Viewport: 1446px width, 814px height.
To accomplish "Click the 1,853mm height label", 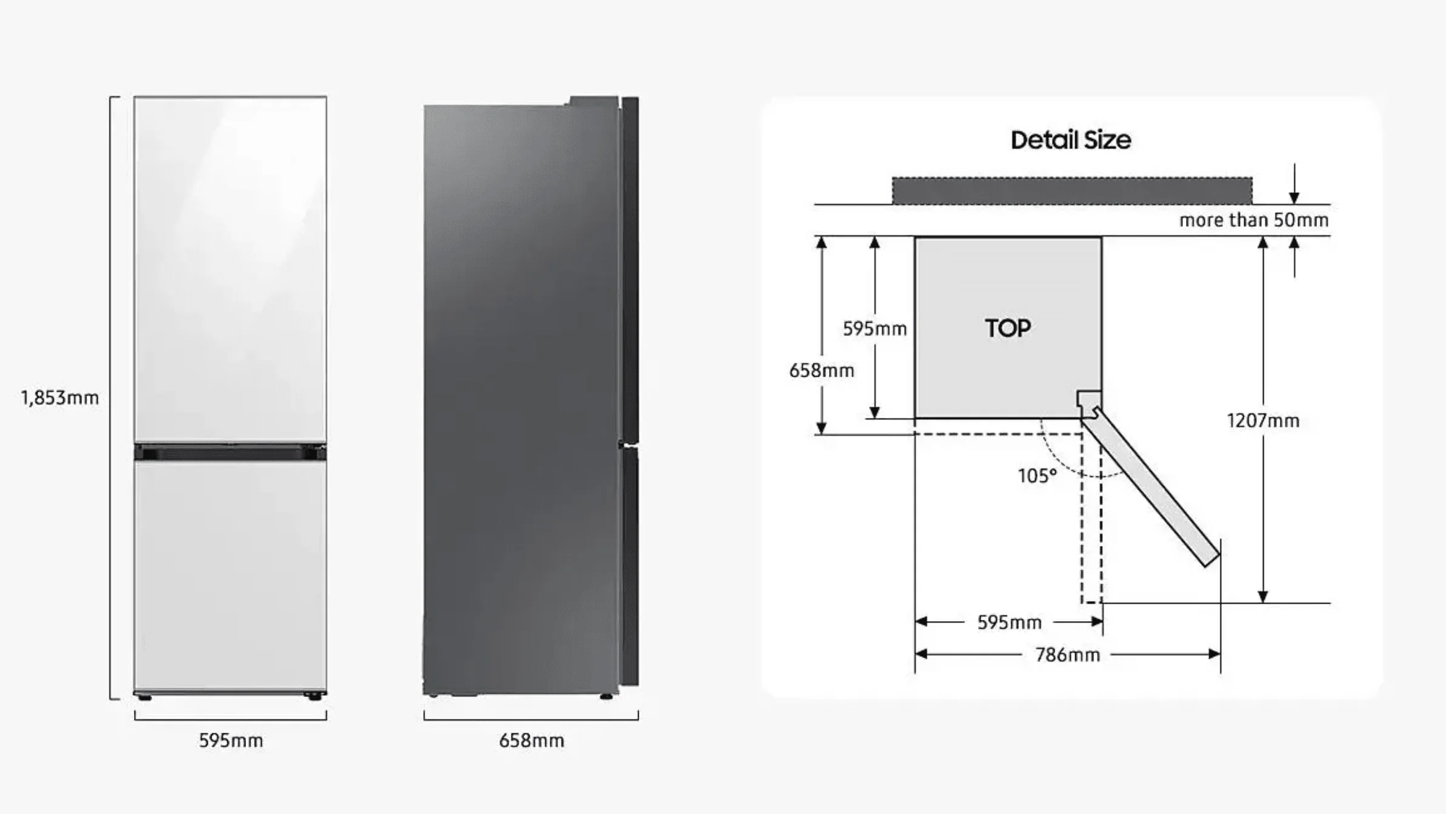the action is click(60, 398).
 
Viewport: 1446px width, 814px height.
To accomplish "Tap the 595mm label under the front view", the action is click(231, 741).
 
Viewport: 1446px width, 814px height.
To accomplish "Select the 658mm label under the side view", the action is click(531, 741).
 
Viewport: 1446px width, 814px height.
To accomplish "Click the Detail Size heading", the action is click(1071, 140).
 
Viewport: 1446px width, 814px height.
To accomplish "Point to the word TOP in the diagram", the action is click(1008, 328).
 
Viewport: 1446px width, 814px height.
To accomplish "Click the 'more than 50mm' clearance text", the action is click(1254, 220).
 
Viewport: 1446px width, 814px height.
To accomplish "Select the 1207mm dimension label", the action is click(1263, 420).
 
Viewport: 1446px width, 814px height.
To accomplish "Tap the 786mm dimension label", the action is click(1067, 655).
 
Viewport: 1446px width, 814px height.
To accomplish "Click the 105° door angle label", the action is click(1037, 476).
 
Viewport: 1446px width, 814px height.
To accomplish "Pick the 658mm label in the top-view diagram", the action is click(821, 371).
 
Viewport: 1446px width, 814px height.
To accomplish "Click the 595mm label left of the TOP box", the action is click(875, 329).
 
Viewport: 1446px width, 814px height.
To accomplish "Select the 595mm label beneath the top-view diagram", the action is click(1009, 622).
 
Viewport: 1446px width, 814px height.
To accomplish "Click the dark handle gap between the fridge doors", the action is click(230, 452).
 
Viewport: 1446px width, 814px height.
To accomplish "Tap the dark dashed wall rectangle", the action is click(1072, 190).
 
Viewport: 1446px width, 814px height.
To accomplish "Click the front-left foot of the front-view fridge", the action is click(144, 697).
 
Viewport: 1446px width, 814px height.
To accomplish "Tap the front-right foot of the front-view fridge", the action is click(314, 697).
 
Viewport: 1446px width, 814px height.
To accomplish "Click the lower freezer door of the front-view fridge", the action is click(230, 576).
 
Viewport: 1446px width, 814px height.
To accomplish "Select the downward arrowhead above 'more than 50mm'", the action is click(1294, 197).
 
